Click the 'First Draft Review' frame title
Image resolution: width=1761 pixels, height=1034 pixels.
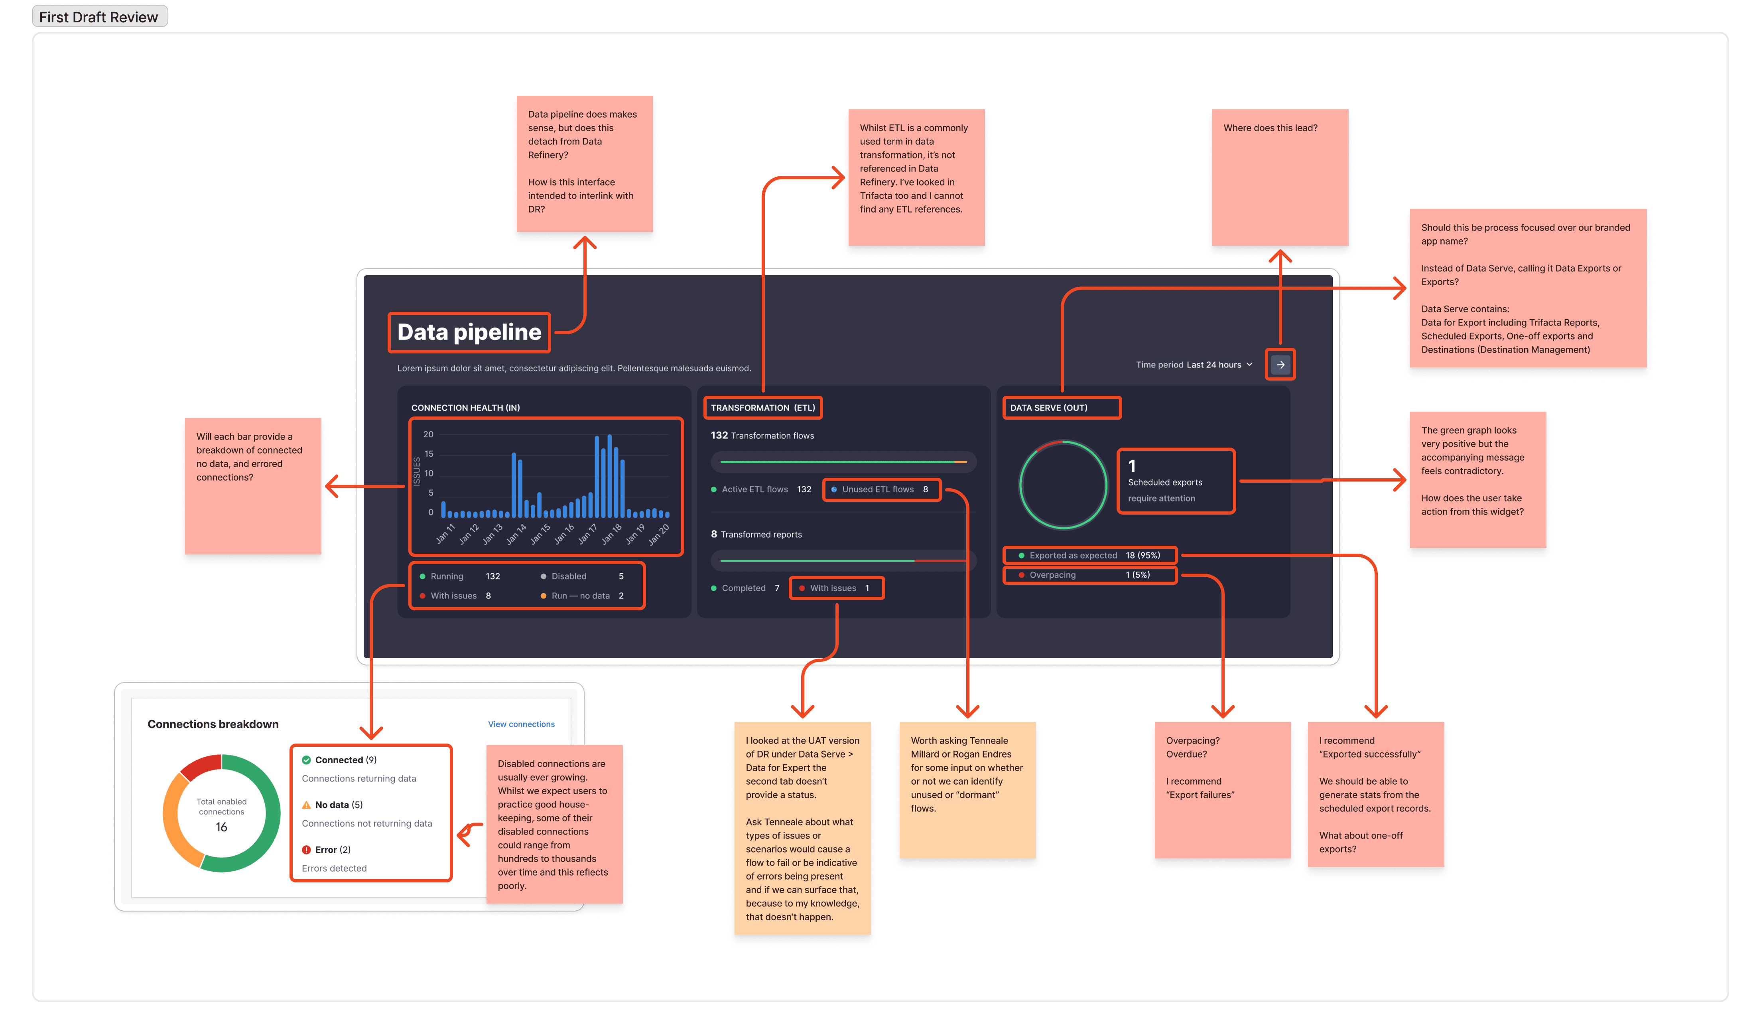pyautogui.click(x=98, y=17)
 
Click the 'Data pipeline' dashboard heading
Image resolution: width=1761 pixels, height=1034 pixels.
pyautogui.click(x=469, y=332)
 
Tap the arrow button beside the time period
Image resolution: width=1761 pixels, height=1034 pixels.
pyautogui.click(x=1280, y=364)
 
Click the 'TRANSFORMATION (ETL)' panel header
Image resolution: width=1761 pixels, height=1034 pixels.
pyautogui.click(x=762, y=408)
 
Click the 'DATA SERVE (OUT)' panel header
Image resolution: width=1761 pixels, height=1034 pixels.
pyautogui.click(x=1048, y=408)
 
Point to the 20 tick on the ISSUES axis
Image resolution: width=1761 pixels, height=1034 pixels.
pyautogui.click(x=428, y=434)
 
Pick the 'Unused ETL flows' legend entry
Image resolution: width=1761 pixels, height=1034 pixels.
pyautogui.click(x=879, y=489)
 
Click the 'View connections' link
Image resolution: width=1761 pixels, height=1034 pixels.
pyautogui.click(x=521, y=724)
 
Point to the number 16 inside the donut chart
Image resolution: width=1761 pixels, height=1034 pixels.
pyautogui.click(x=222, y=827)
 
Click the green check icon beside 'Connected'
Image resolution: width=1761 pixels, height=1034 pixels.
pyautogui.click(x=306, y=760)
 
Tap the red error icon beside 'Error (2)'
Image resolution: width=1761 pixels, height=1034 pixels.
pyautogui.click(x=306, y=849)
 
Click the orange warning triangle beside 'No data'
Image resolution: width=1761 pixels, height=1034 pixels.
pyautogui.click(x=306, y=805)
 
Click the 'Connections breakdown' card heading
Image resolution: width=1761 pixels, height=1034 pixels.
pyautogui.click(x=213, y=724)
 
